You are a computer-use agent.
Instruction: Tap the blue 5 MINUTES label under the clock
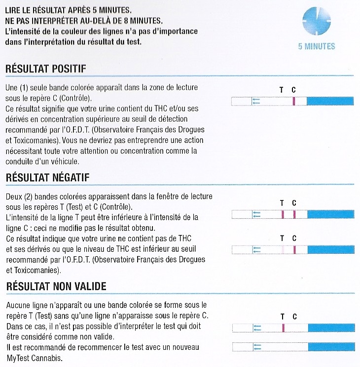click(316, 46)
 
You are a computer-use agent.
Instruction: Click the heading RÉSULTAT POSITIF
click(45, 68)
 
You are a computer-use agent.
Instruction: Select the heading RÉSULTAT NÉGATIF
click(47, 177)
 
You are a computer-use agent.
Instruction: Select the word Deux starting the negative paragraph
click(13, 196)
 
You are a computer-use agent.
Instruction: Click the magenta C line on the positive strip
click(293, 101)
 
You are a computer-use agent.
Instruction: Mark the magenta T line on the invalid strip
click(283, 328)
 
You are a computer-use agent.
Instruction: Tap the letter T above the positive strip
click(282, 90)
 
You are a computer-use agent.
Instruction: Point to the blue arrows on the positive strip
click(256, 101)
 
